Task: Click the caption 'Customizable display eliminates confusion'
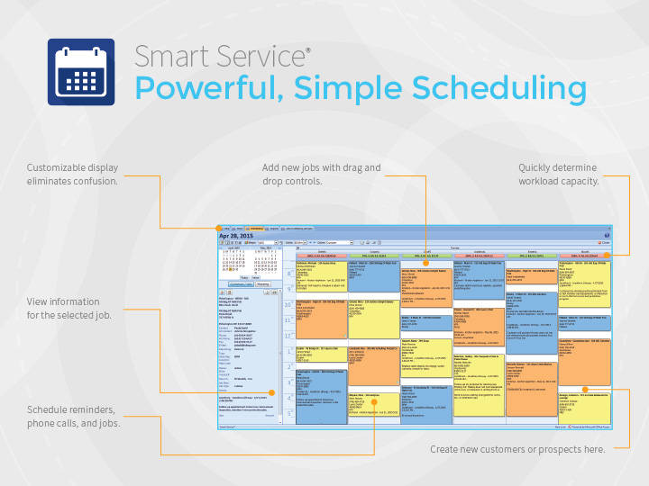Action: click(x=72, y=175)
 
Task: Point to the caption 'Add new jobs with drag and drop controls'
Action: click(x=322, y=175)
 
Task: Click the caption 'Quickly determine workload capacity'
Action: click(x=558, y=175)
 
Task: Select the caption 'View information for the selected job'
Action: click(x=63, y=308)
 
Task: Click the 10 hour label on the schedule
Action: click(x=289, y=305)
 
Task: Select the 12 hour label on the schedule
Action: click(x=289, y=351)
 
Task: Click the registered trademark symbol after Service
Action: click(x=308, y=49)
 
